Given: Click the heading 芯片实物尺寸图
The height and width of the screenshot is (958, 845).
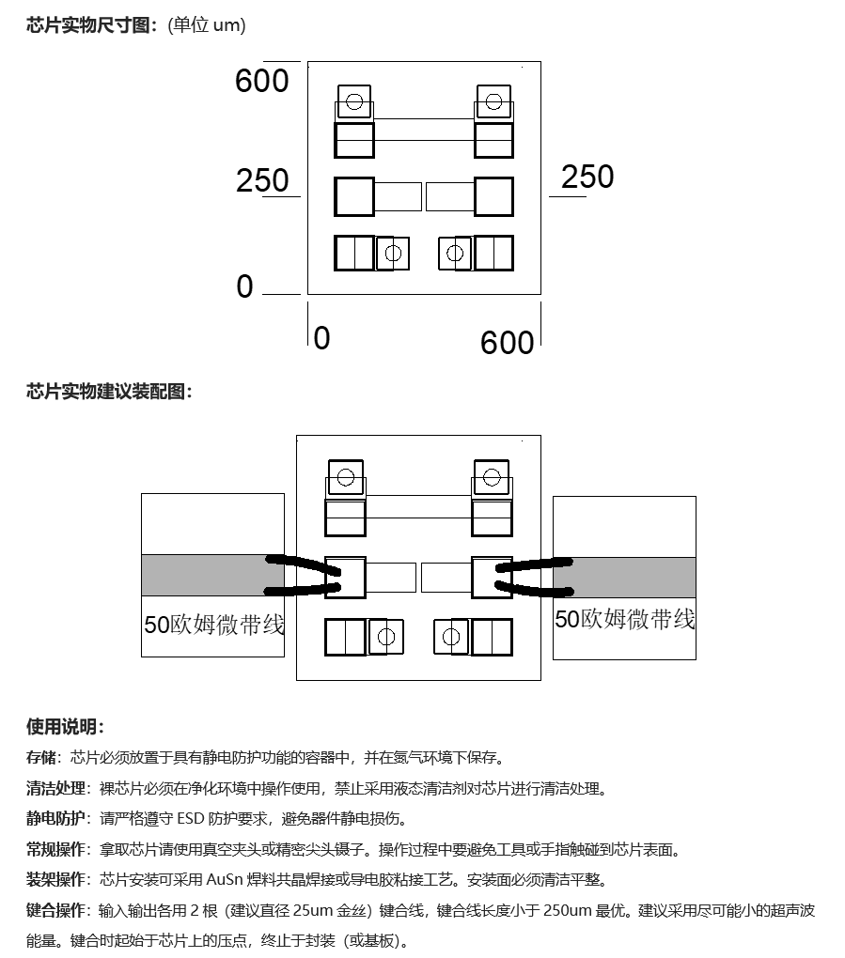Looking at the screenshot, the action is tap(88, 25).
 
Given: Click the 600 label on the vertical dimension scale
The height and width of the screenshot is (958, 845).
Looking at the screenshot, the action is tap(261, 81).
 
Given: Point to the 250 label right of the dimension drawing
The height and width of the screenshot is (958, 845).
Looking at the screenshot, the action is tap(587, 177).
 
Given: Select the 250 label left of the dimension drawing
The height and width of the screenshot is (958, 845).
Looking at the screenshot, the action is tap(262, 181).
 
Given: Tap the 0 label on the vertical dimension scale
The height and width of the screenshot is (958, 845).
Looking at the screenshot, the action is tap(244, 286).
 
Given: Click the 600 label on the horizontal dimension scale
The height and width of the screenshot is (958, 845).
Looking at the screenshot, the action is tap(507, 343).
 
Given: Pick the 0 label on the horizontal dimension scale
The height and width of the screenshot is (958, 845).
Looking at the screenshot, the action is tap(321, 338).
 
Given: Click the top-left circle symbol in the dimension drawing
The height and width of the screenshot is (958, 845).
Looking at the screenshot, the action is tap(354, 101).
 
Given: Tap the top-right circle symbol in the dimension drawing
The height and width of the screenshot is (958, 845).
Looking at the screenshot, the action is tap(493, 101).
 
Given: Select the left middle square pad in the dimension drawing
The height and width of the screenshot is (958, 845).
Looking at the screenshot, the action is tap(354, 196).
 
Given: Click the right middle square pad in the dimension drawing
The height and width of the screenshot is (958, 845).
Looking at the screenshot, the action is tap(493, 196).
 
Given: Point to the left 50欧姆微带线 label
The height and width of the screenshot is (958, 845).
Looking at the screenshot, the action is tap(214, 625).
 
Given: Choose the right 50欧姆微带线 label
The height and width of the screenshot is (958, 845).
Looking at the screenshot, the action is tap(624, 619).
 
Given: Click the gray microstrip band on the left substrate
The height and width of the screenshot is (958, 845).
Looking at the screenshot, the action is tap(212, 576).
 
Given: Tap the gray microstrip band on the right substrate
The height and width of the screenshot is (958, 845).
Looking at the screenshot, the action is tap(624, 578).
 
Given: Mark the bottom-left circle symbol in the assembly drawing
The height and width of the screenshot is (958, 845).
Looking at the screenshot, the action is tap(385, 637).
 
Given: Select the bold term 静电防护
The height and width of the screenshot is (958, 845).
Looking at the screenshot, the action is tap(55, 819).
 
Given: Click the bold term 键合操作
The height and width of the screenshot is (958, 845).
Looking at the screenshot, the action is tap(55, 910).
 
